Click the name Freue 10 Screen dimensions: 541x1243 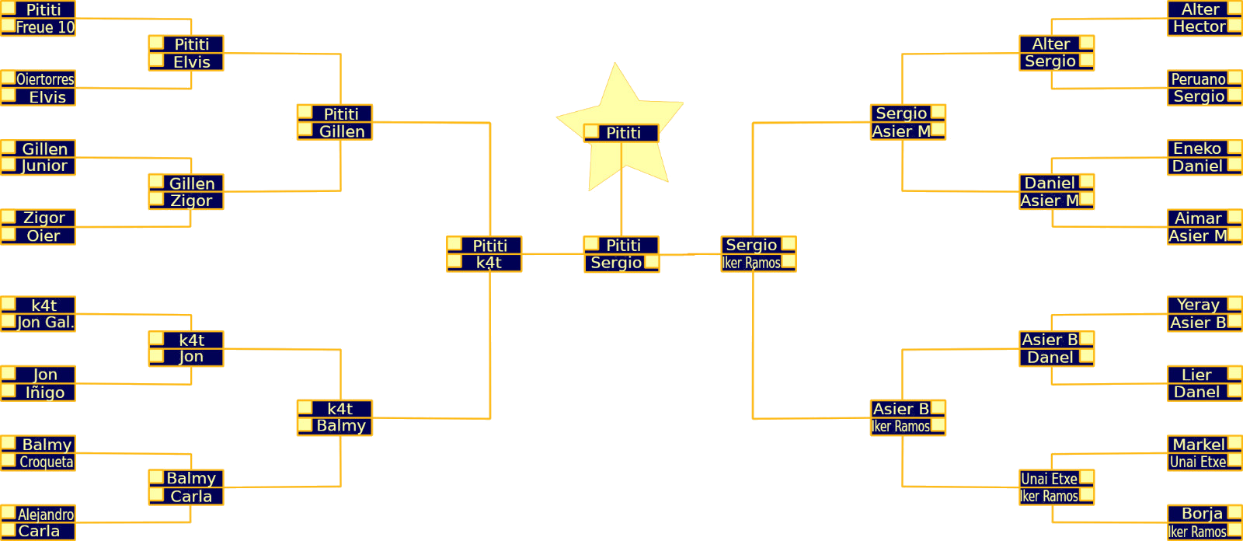45,27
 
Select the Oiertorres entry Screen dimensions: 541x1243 45,79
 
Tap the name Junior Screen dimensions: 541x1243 44,166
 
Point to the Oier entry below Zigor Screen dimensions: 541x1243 44,236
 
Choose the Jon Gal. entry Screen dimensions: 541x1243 45,323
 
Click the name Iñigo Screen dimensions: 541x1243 45,393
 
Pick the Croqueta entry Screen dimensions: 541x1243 46,462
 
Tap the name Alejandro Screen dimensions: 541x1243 46,515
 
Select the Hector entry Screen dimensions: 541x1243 1199,26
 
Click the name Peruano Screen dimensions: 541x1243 1198,79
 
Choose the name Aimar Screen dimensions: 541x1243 1198,218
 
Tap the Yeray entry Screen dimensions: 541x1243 1198,305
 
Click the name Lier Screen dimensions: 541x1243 1196,375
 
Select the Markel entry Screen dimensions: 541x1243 1199,445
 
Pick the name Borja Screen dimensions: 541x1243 1202,514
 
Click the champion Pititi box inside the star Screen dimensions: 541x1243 623,133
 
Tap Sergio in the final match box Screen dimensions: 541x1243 616,263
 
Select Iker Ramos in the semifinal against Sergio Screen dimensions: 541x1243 751,263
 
